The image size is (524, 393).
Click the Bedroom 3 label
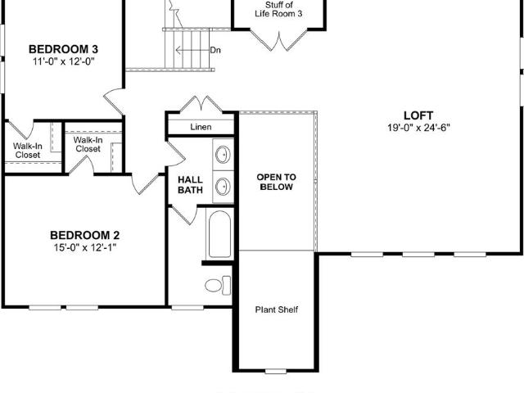(x=63, y=49)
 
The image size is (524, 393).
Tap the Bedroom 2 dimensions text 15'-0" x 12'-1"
(x=85, y=247)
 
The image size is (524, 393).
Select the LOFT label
(x=418, y=115)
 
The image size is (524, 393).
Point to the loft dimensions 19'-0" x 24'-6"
(x=418, y=128)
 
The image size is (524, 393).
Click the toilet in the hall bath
(x=218, y=286)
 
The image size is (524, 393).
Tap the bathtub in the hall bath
(x=219, y=234)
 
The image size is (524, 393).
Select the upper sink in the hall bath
(x=223, y=155)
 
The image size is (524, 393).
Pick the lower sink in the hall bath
(x=223, y=187)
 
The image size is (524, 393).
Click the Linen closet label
(x=201, y=127)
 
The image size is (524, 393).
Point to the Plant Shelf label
(x=277, y=309)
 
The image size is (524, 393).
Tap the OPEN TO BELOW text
(x=277, y=182)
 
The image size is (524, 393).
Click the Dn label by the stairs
(x=215, y=50)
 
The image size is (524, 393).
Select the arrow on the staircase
(x=192, y=50)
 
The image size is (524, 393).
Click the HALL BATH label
(x=190, y=185)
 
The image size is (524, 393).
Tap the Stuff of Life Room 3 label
(x=278, y=9)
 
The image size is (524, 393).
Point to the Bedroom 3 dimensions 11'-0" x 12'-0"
(x=64, y=61)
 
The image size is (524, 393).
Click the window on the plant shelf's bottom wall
(x=276, y=371)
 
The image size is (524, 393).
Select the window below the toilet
(x=187, y=308)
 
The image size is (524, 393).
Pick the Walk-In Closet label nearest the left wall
(x=28, y=151)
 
